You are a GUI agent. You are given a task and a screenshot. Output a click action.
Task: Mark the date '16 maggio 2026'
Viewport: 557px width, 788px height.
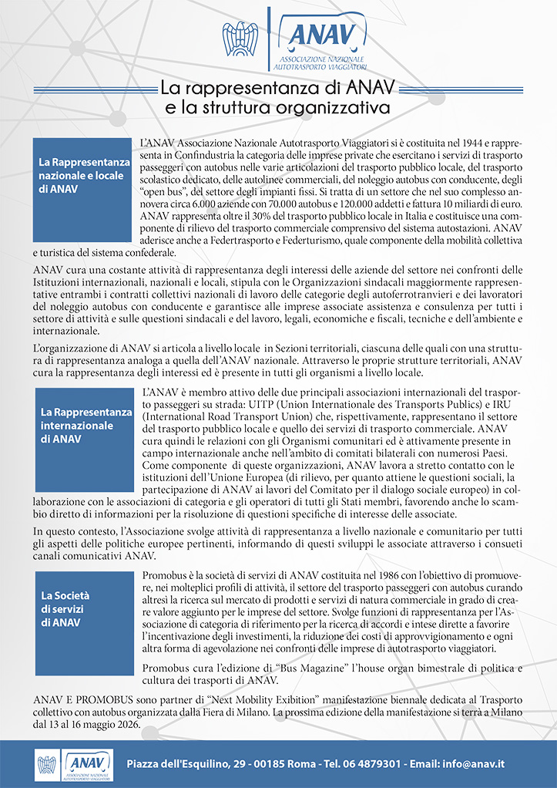104,726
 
